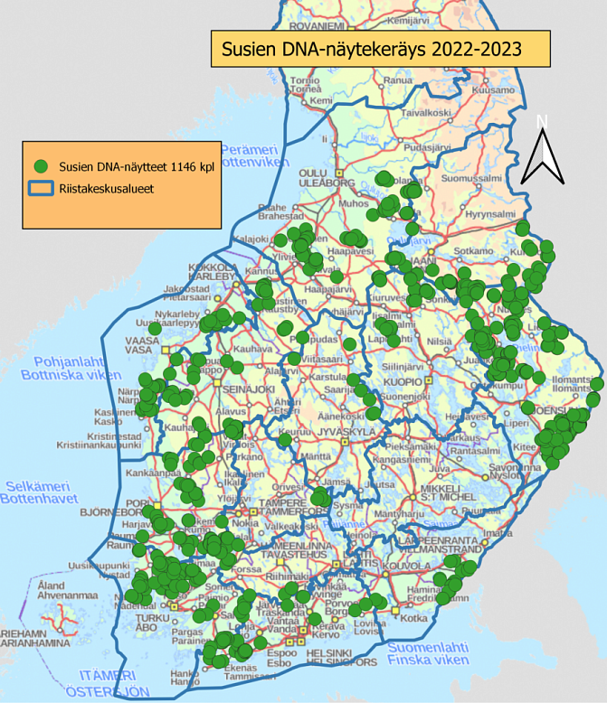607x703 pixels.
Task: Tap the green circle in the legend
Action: pyautogui.click(x=40, y=166)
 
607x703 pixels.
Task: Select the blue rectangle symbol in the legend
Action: pyautogui.click(x=40, y=190)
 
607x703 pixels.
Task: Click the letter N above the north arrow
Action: pyautogui.click(x=542, y=121)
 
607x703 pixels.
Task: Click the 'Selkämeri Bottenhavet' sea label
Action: pyautogui.click(x=40, y=492)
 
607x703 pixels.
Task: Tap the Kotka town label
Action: pyautogui.click(x=413, y=618)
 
